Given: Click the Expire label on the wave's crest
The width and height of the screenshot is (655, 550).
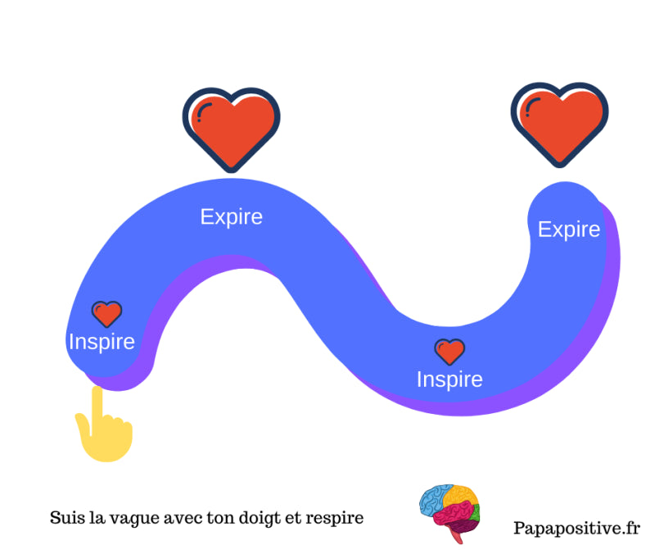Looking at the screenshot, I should coord(232,216).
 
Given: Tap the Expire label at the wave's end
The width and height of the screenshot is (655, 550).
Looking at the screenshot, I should coord(568,230).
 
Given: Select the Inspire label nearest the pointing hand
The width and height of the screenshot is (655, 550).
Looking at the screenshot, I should coord(102,341).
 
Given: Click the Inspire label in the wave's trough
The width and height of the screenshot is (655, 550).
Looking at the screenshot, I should coord(449,380).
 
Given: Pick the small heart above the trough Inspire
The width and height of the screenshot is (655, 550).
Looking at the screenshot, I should coord(449,352).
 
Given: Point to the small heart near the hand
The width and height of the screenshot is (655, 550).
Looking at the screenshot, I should coord(106,313).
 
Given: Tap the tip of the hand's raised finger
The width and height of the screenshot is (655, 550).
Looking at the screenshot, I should coord(97,393).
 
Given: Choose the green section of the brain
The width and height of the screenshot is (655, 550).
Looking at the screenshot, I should coord(476,516).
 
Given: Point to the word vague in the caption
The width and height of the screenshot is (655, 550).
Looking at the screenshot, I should coord(130,519).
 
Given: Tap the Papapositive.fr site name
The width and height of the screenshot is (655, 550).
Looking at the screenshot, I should coord(576,529).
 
